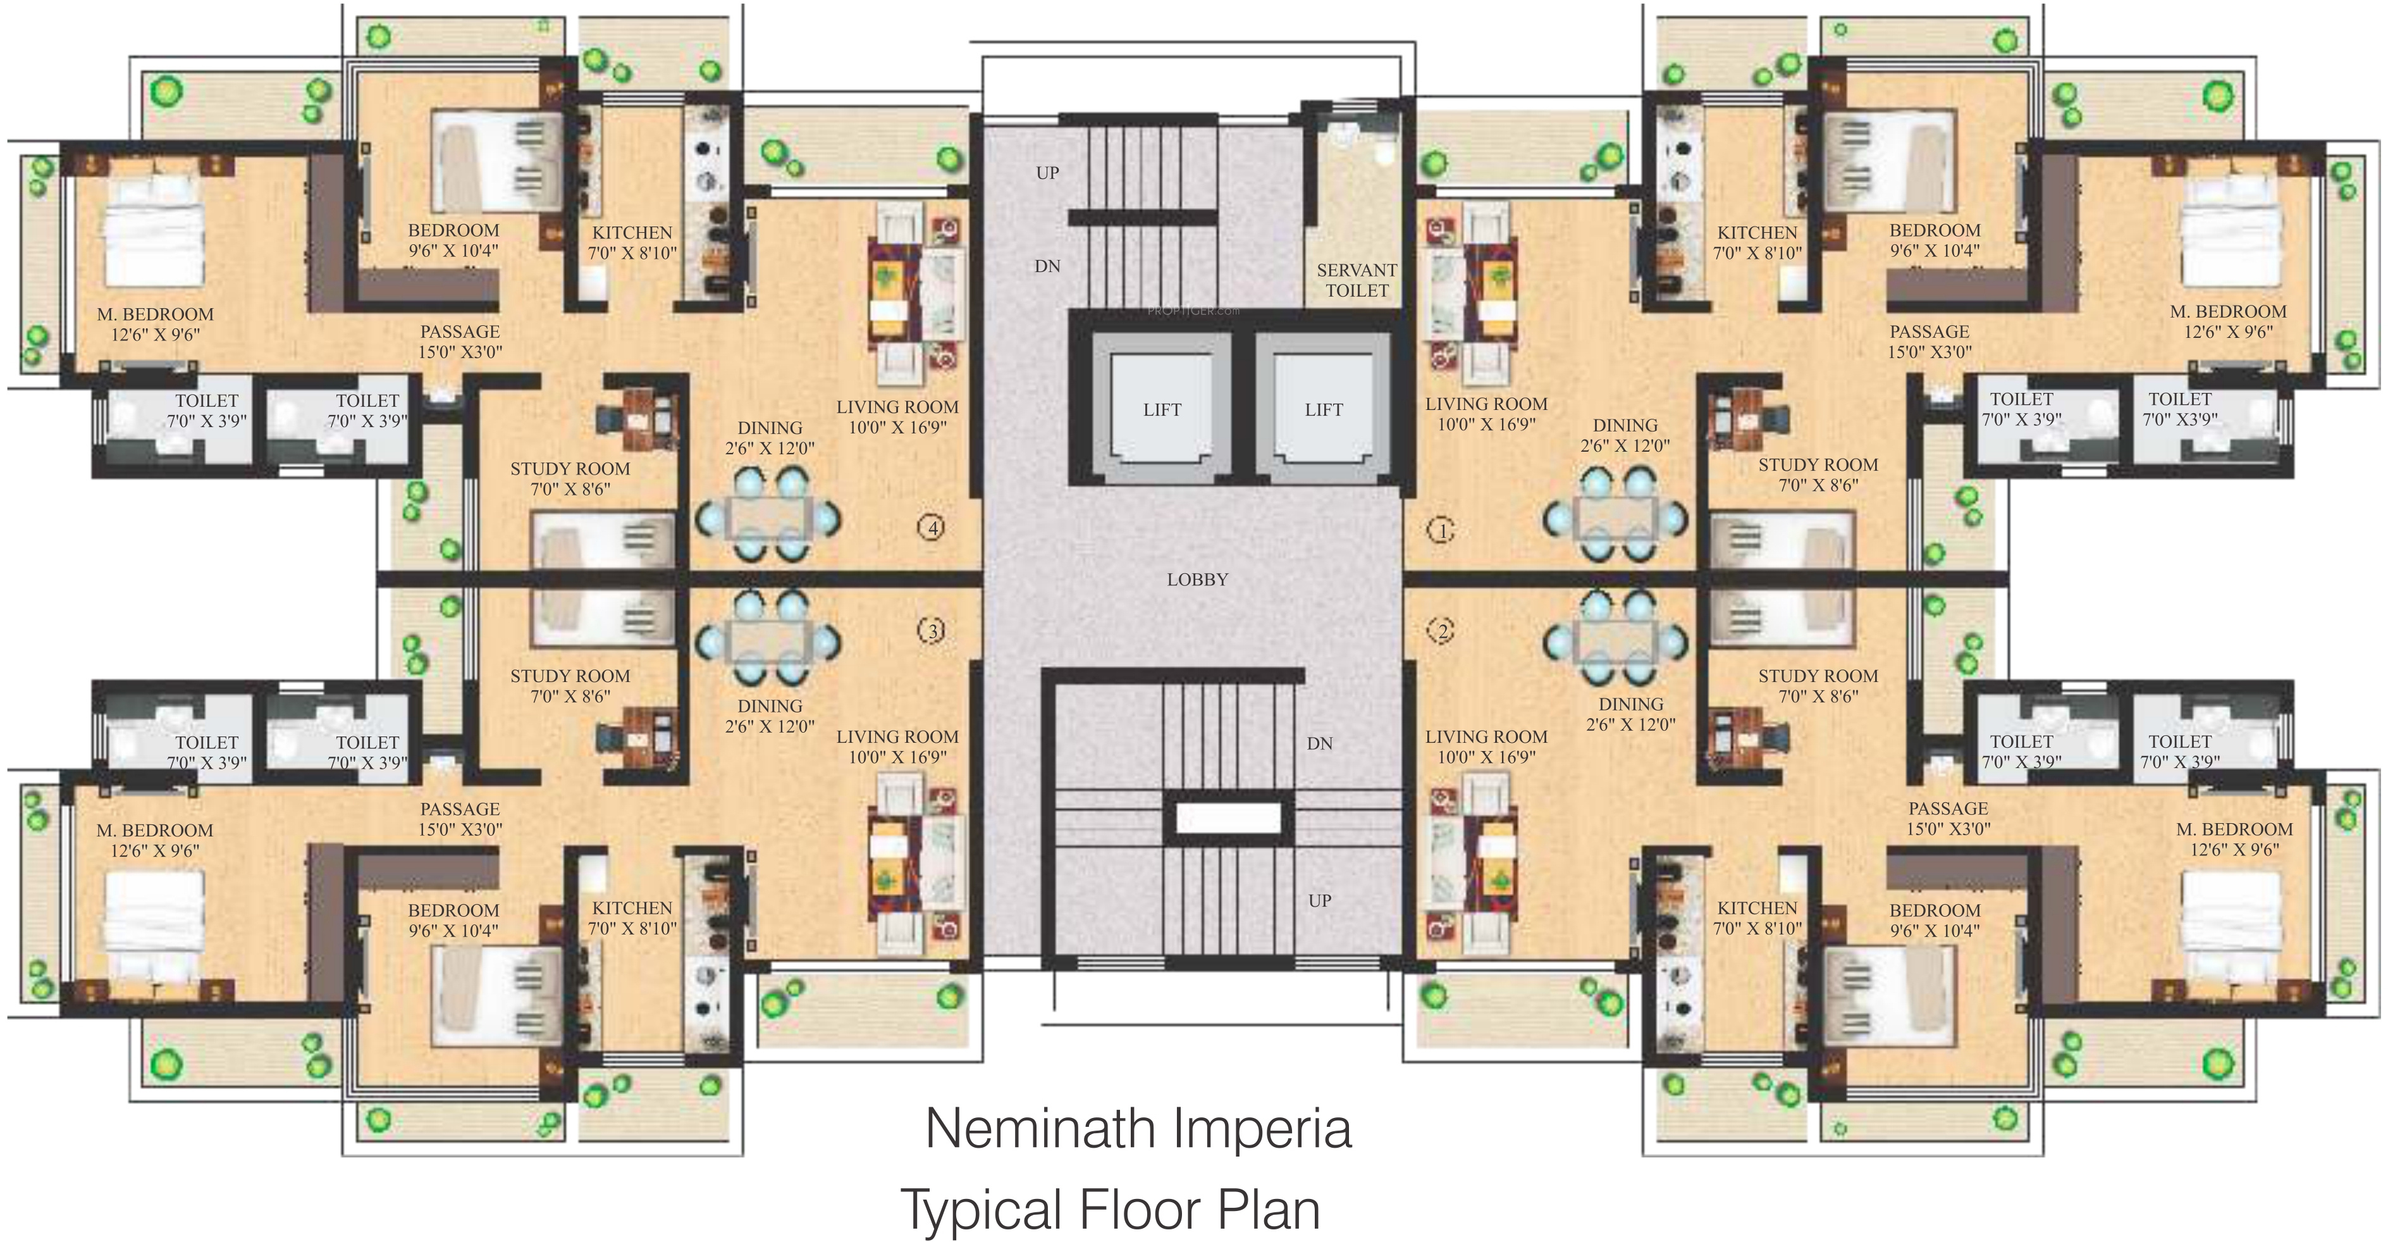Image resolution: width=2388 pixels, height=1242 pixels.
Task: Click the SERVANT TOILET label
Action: tap(1357, 280)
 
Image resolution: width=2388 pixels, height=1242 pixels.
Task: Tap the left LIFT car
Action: tap(1162, 409)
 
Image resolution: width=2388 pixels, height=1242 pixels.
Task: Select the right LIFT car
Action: tap(1323, 409)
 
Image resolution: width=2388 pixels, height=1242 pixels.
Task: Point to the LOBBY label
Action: tap(1197, 580)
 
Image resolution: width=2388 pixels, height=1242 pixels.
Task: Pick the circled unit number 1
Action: tap(1441, 531)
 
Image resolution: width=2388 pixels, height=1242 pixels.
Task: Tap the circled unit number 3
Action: tap(932, 631)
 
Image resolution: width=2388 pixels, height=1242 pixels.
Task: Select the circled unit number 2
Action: tap(1441, 631)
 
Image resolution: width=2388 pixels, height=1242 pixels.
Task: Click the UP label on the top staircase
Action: tap(1047, 173)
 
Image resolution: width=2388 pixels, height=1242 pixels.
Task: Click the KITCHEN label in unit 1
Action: tap(1757, 233)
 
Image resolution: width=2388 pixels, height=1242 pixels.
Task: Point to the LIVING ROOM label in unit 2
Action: tap(1486, 737)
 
